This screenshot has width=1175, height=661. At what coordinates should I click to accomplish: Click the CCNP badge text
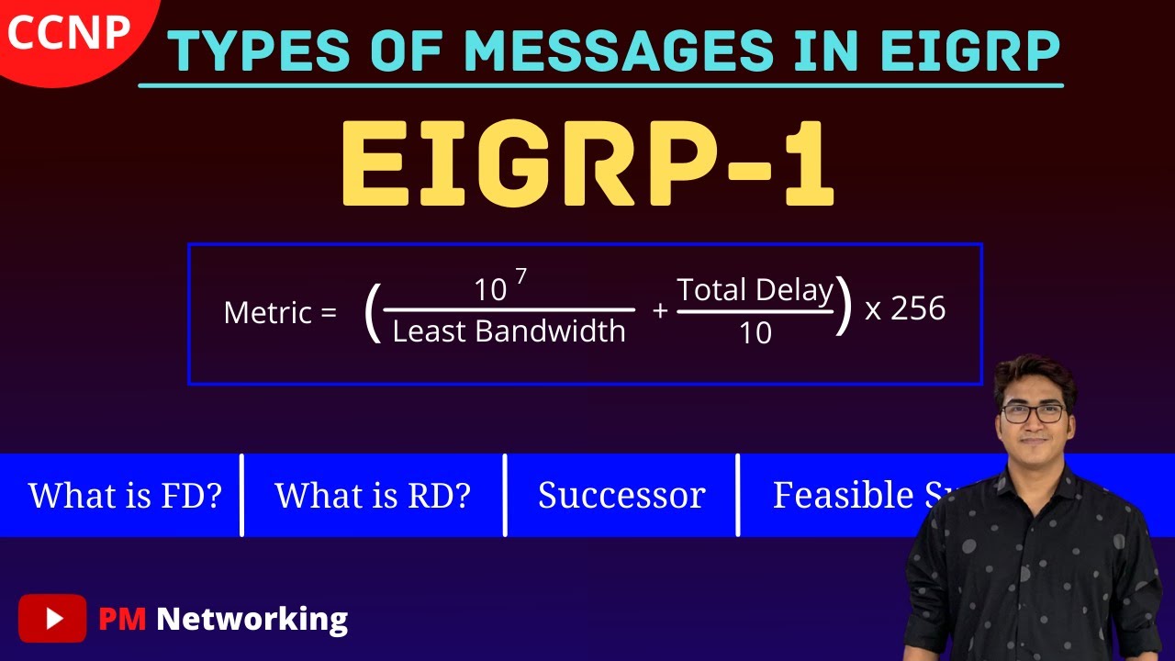click(68, 34)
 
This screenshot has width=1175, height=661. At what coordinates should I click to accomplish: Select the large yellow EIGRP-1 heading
click(587, 165)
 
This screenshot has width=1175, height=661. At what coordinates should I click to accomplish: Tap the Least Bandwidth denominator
click(509, 331)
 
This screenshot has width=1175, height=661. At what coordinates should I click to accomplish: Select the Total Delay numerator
click(755, 291)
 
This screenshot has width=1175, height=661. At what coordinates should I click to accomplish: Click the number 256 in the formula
click(917, 309)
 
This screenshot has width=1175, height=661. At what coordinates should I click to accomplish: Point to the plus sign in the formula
click(659, 311)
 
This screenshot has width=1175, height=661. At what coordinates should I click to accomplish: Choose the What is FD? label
click(126, 496)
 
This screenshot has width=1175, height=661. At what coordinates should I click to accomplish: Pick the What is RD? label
click(373, 496)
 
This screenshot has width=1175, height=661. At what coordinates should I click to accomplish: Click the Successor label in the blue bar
click(621, 496)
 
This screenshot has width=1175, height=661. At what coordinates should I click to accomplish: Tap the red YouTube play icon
click(52, 619)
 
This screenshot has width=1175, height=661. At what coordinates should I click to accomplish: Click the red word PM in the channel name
click(122, 619)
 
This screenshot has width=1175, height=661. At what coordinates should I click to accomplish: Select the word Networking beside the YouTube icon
click(252, 620)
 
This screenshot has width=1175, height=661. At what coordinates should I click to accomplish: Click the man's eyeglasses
click(1034, 413)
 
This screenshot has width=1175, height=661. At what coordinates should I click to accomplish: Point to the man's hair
click(1034, 372)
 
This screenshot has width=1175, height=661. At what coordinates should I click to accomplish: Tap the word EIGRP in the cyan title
click(969, 51)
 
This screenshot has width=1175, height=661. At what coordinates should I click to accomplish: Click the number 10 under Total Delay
click(755, 333)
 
